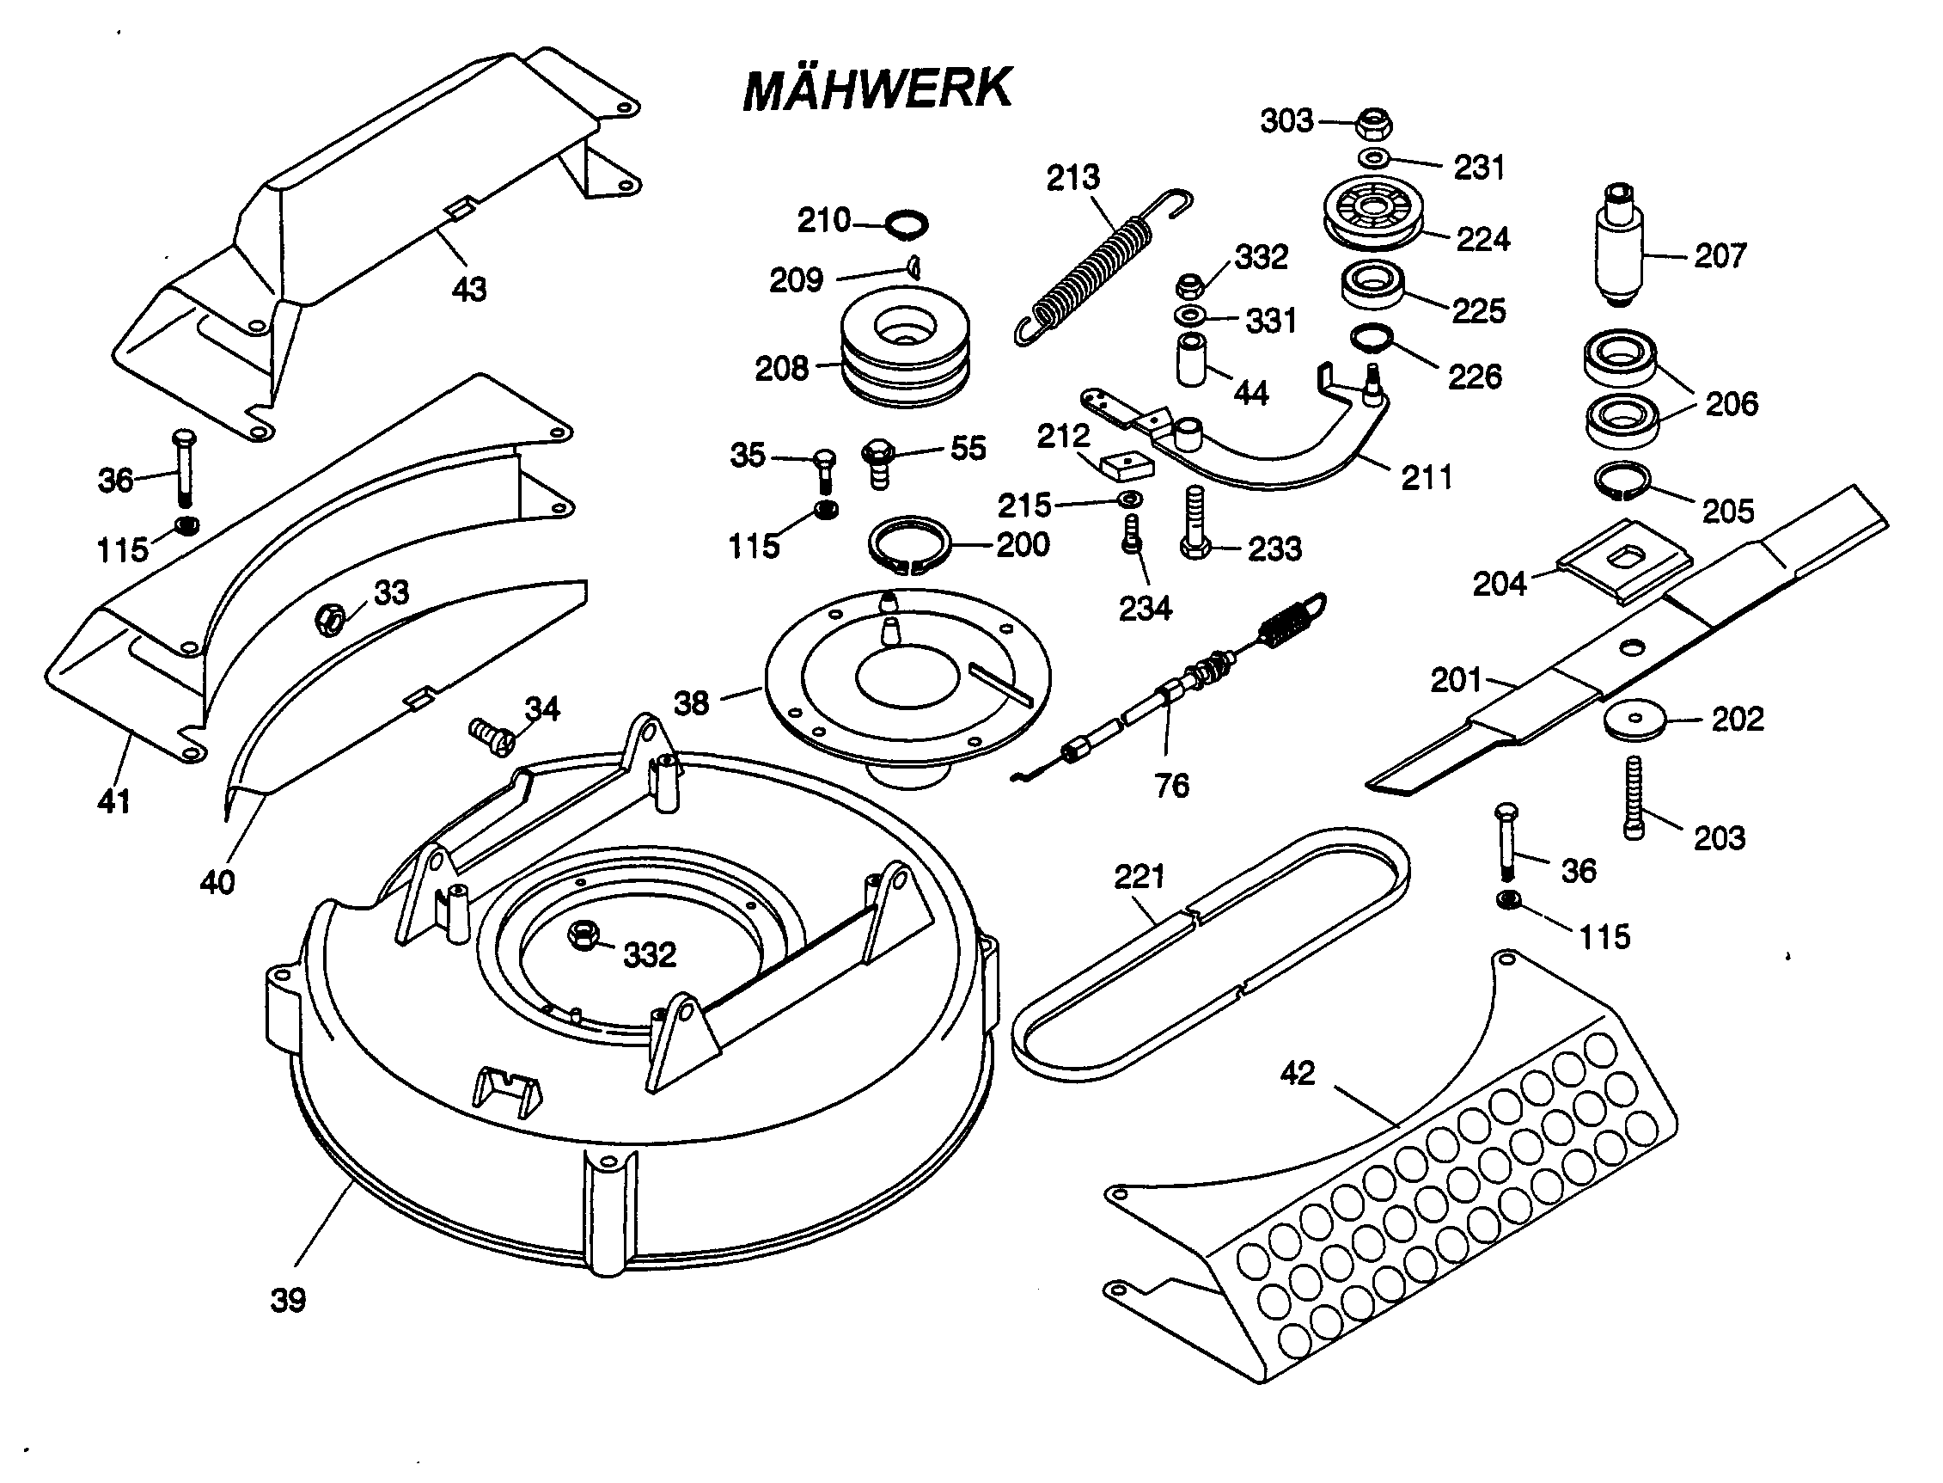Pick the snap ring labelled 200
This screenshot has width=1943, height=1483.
(x=910, y=546)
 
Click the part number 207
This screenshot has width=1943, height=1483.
(x=1719, y=256)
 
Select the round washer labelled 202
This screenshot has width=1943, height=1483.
(x=1634, y=719)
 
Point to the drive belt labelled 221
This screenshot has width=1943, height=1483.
(x=1209, y=953)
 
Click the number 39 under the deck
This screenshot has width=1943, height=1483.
(x=288, y=1299)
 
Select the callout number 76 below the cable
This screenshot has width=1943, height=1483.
(x=1172, y=785)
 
